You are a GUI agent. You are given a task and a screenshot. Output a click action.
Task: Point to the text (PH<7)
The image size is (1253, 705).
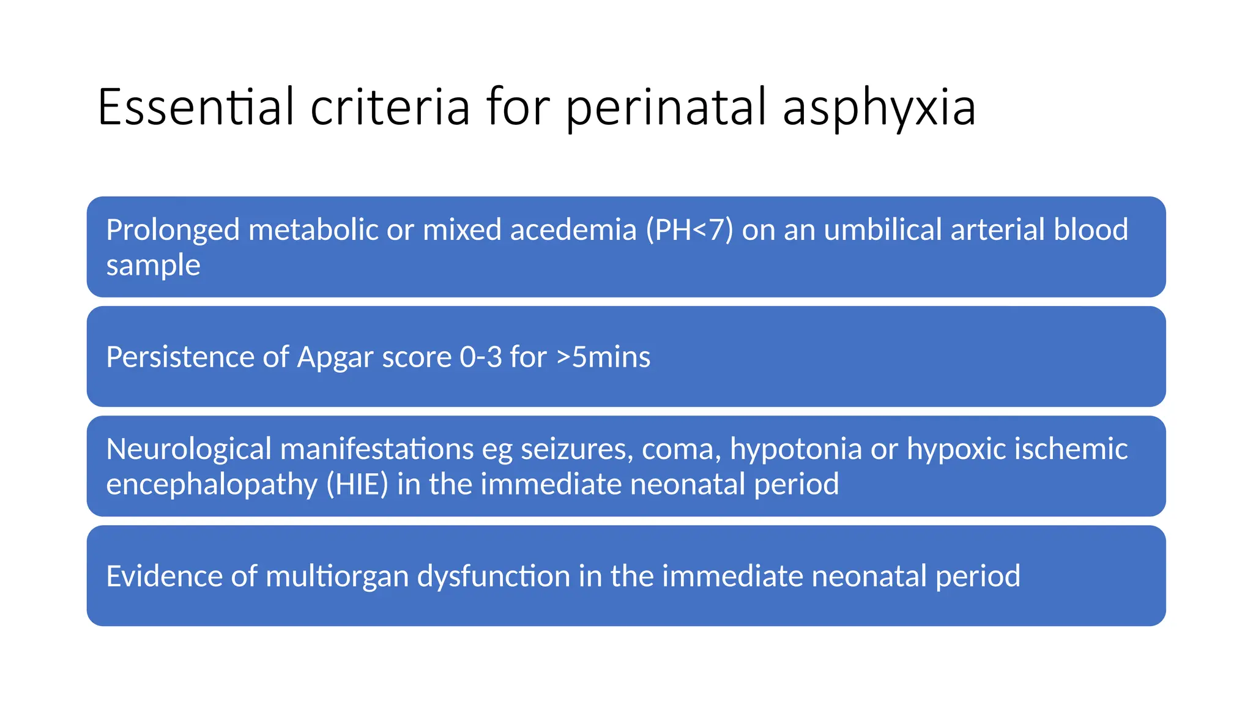click(689, 230)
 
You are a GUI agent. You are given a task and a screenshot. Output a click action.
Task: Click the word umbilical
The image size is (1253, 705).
click(882, 230)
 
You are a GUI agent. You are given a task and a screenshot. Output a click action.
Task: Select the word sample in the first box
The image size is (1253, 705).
click(153, 266)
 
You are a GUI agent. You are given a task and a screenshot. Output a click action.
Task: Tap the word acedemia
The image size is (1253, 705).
click(573, 230)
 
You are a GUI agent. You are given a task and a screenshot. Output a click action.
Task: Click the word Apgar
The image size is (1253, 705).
click(335, 357)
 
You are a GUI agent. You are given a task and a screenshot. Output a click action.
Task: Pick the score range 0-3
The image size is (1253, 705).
click(480, 357)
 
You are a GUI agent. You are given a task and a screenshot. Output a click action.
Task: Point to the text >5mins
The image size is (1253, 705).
click(603, 357)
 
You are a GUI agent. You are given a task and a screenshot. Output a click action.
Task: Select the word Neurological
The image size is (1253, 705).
click(188, 450)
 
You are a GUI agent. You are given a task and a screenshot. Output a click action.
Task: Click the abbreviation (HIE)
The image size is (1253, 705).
click(357, 485)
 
